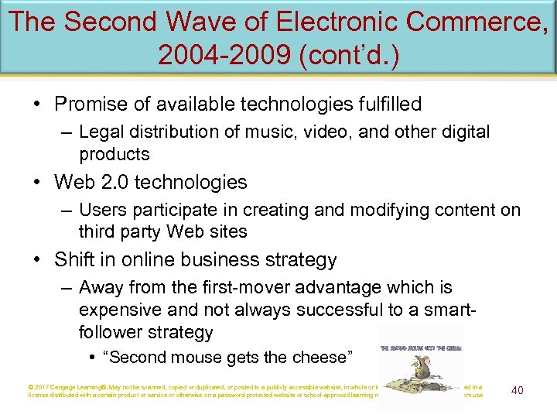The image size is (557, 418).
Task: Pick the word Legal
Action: point(101,132)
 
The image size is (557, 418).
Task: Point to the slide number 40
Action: point(517,390)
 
